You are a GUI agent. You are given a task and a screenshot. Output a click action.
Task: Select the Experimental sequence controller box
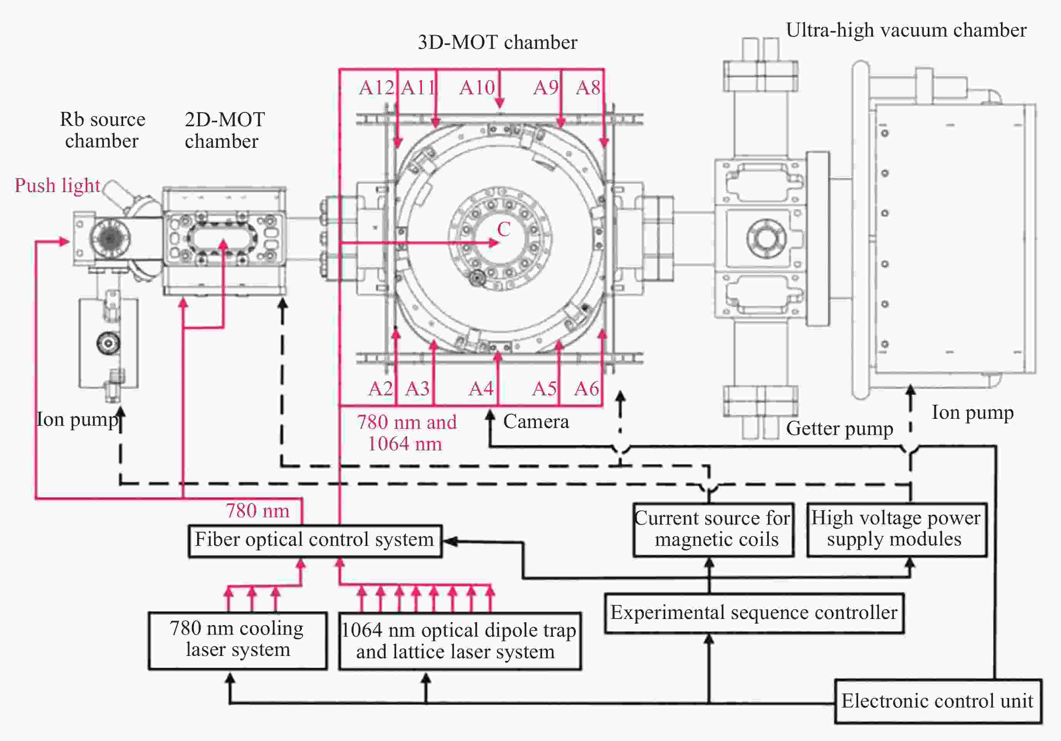754,613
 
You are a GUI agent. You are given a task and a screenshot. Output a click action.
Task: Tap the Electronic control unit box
938,701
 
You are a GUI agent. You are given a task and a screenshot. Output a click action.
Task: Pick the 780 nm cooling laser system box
238,640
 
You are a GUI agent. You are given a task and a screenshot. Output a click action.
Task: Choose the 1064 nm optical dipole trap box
459,641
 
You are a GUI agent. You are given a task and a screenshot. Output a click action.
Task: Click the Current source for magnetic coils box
713,529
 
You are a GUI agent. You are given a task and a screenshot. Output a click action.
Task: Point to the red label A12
376,88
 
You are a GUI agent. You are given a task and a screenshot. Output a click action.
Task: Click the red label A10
477,88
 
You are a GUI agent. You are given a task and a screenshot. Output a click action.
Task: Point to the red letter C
504,229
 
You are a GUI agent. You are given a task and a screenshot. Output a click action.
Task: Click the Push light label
57,186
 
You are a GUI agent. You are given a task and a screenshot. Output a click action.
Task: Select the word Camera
536,422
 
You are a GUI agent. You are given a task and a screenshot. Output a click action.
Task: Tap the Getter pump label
839,429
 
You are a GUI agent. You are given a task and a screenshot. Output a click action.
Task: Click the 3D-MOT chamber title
497,42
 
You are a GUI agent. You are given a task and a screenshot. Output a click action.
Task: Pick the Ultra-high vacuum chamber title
906,30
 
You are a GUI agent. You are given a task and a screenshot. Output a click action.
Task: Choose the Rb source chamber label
102,130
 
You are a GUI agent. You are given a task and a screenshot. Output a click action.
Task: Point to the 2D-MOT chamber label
224,130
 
